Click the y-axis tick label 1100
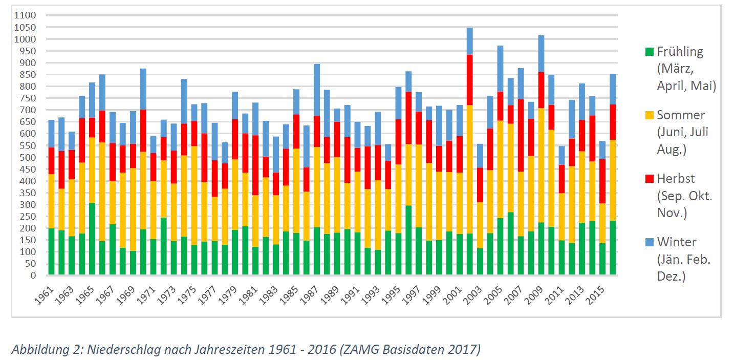[x=26, y=15]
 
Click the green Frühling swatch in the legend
[x=650, y=52]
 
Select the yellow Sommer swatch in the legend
[x=650, y=115]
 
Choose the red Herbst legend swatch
[x=650, y=179]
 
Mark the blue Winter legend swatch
[x=650, y=242]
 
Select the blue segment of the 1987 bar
[x=317, y=90]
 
